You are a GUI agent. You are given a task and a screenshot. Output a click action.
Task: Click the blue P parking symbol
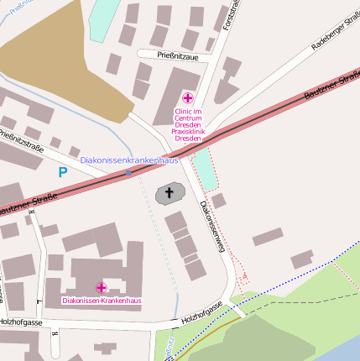[62, 173]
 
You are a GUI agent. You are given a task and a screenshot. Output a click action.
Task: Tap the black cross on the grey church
[169, 194]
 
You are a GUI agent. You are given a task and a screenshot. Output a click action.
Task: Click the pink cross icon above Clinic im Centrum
[187, 99]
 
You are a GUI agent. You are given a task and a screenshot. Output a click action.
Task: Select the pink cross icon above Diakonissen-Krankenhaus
[102, 288]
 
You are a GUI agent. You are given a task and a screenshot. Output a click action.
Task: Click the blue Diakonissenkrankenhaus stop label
[129, 160]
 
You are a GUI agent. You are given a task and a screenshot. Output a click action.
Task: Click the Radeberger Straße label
[333, 34]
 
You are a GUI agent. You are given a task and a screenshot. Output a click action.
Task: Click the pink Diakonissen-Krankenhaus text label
[102, 301]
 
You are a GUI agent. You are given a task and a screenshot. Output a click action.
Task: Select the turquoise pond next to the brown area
[103, 18]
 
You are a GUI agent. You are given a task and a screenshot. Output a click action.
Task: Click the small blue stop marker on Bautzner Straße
[128, 172]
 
